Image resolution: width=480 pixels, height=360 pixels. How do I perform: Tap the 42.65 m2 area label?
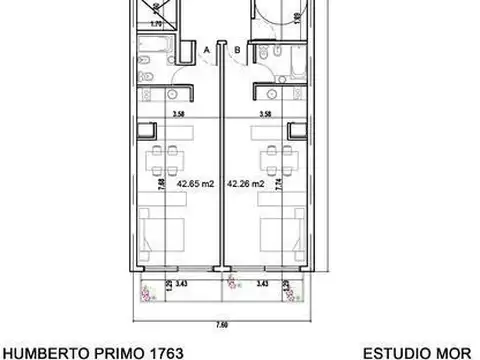[x=195, y=184]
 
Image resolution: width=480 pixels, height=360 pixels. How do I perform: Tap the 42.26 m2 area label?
[x=245, y=184]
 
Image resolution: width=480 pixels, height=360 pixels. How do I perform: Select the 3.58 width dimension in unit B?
[x=265, y=115]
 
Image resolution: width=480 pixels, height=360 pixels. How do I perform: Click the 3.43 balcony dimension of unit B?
[x=262, y=285]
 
